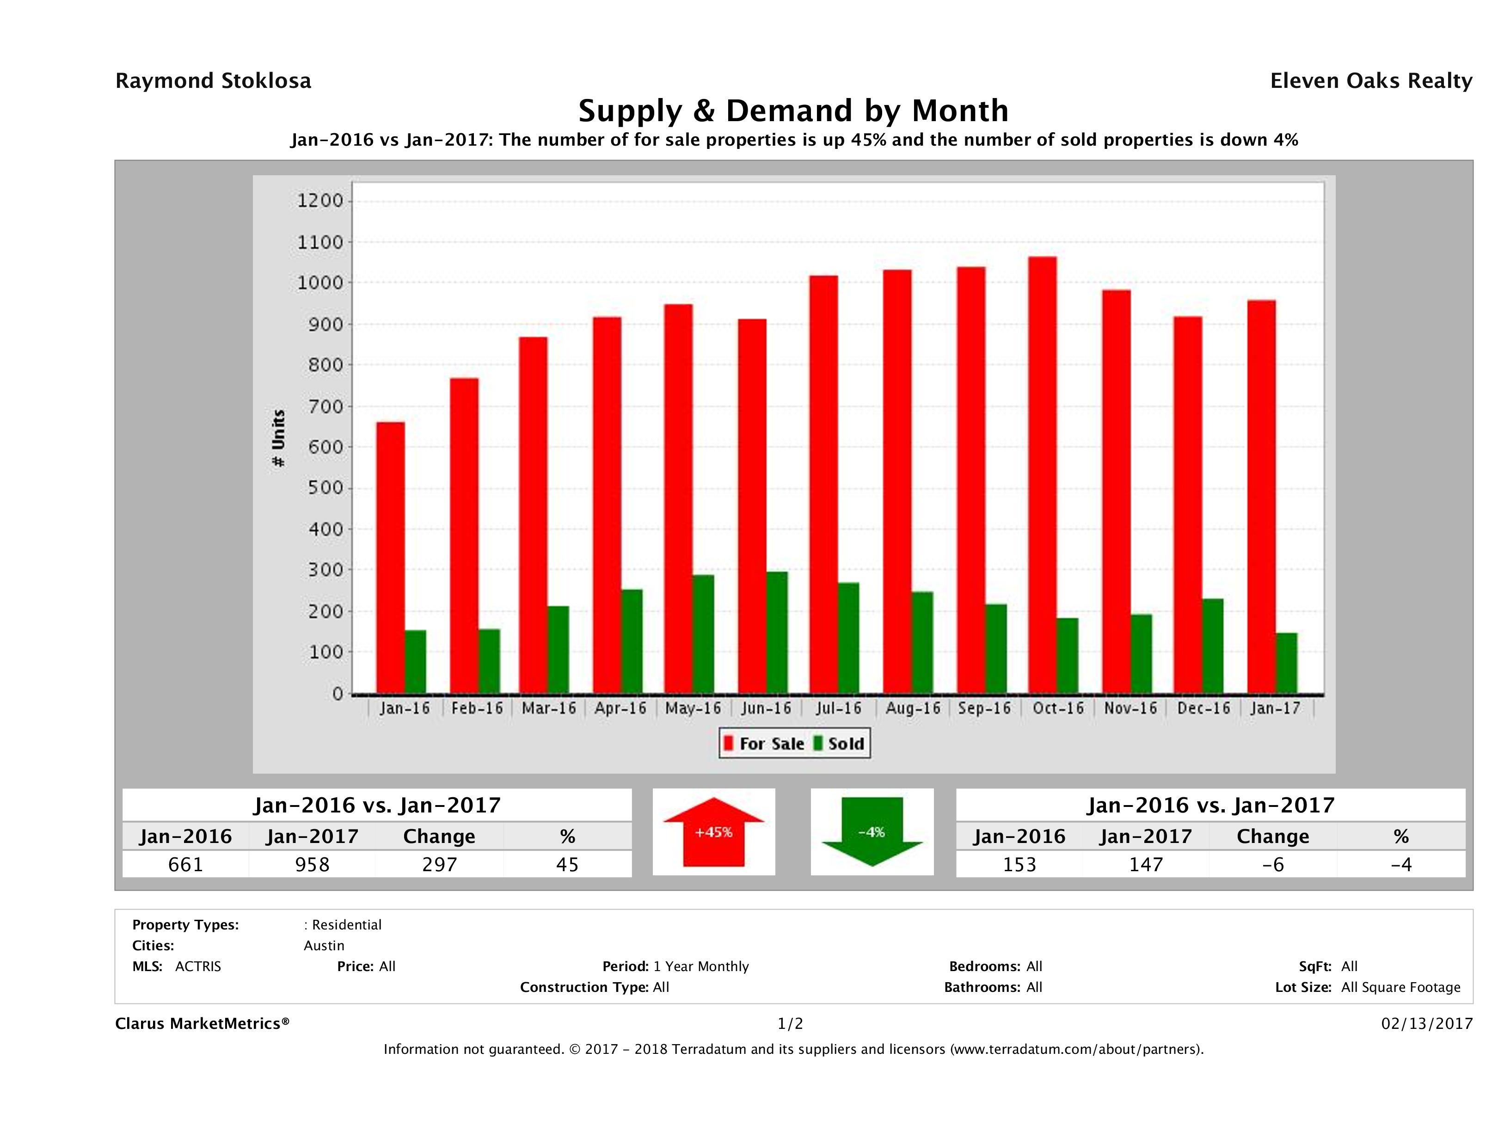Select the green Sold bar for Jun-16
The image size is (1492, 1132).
pos(776,632)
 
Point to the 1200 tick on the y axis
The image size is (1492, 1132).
pos(320,200)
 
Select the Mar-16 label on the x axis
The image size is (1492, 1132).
pos(548,708)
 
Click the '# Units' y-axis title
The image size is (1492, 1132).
pos(278,438)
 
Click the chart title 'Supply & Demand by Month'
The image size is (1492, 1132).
pos(793,111)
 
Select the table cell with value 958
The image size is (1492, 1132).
pos(312,864)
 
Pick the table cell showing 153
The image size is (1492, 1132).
pos(1019,864)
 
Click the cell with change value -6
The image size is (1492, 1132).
pos(1273,864)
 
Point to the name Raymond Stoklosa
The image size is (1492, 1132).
pos(213,81)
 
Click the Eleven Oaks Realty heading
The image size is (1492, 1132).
pos(1370,81)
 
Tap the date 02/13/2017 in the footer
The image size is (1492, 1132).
pos(1426,1023)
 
